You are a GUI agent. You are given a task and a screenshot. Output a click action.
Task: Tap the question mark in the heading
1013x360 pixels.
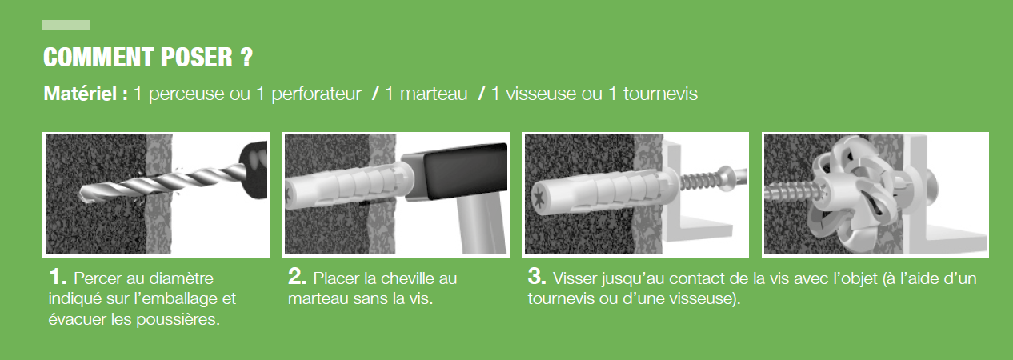tap(246, 58)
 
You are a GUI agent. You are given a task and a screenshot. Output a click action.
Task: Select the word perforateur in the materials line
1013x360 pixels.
tap(316, 94)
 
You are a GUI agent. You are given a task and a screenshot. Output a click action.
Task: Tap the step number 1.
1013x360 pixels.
tap(57, 278)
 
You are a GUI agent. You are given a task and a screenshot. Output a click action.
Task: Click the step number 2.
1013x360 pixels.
tap(297, 278)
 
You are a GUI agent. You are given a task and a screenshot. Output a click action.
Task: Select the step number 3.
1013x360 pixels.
tap(537, 278)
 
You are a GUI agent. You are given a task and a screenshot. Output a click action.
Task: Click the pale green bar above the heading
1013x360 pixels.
tap(66, 26)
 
